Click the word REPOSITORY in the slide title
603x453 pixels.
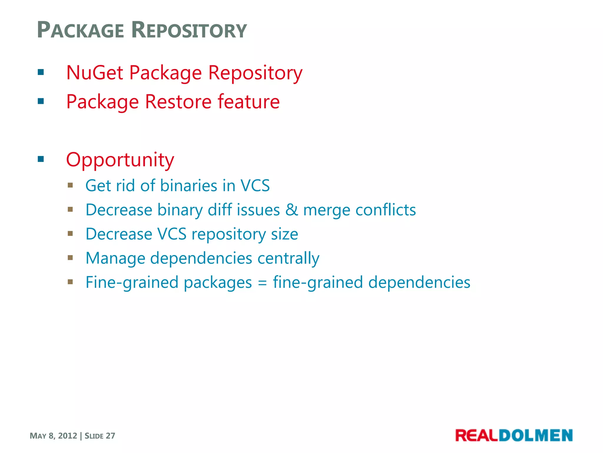pos(189,30)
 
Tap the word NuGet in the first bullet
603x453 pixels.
pos(95,73)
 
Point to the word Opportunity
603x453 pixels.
pos(120,160)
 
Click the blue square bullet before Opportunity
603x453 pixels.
pos(41,160)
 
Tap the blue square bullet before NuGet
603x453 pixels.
pos(41,72)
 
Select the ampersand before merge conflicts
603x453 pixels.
pos(291,210)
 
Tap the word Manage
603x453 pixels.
pos(115,258)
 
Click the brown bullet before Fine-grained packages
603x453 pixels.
pos(70,282)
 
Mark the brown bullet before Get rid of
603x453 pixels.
pos(70,185)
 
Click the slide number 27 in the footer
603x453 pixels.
pos(110,436)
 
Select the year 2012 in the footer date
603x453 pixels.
pos(67,436)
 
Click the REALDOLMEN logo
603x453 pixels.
pos(514,436)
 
